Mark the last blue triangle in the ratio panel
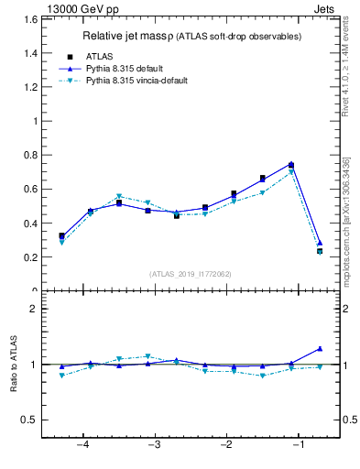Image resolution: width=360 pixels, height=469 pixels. pos(320,348)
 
